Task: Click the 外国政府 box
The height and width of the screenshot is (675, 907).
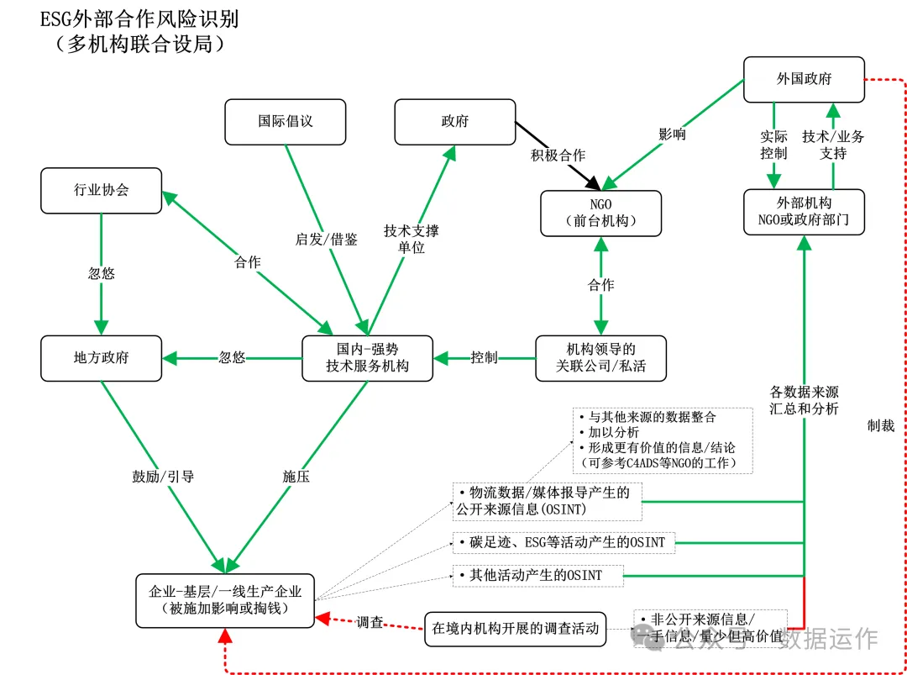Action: tap(804, 79)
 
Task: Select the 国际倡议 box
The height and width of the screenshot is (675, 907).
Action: tap(285, 121)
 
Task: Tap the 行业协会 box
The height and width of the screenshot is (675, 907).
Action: tap(101, 190)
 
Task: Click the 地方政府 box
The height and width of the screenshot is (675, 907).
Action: tap(101, 357)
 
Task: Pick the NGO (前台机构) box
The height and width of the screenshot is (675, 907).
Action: tap(600, 213)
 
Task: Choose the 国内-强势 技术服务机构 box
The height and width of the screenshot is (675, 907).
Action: tap(367, 357)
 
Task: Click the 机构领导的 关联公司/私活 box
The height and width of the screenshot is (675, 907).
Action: tap(600, 357)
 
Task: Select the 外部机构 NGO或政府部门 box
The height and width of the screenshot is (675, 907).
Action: tap(804, 212)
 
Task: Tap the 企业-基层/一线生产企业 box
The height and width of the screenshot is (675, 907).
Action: tap(225, 600)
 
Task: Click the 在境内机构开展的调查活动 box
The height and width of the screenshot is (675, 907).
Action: tap(516, 628)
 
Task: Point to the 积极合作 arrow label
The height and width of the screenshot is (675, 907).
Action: tap(558, 156)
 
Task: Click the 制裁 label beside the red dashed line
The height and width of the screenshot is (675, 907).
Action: tap(881, 425)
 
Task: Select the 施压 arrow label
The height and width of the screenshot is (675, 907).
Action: tap(296, 477)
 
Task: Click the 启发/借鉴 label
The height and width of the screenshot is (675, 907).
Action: tap(326, 240)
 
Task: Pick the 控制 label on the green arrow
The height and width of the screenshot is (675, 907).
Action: tap(484, 357)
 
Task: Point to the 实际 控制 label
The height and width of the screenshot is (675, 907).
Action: tap(773, 145)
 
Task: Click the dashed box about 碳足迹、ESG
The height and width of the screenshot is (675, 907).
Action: tap(563, 542)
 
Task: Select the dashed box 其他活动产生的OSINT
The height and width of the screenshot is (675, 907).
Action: tap(538, 576)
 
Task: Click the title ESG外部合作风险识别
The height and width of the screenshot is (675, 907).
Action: tap(139, 18)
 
